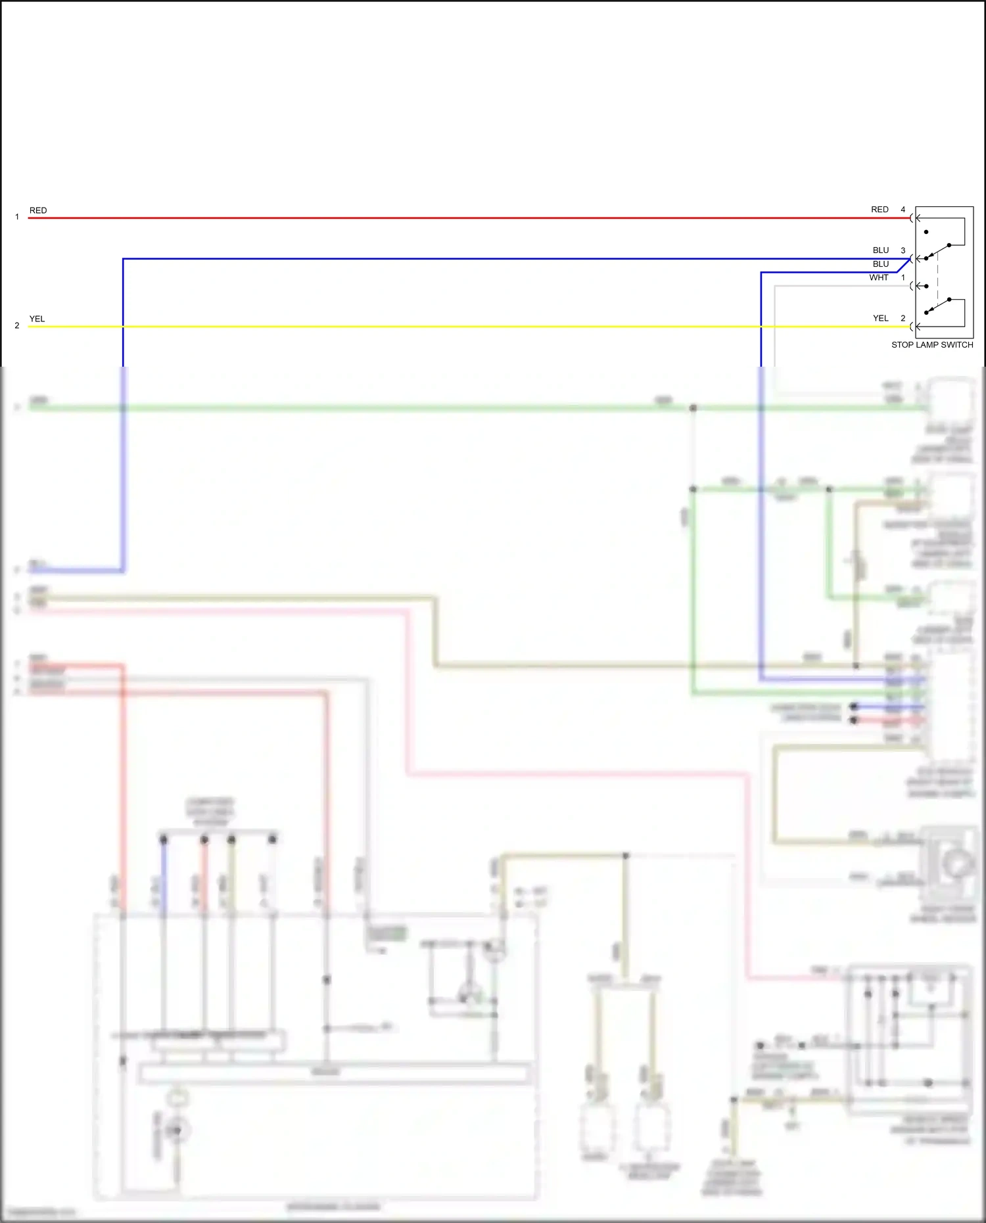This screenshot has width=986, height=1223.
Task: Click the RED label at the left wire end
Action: (38, 210)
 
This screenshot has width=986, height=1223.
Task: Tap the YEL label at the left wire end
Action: (37, 319)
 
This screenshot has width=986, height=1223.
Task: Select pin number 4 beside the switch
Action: (903, 210)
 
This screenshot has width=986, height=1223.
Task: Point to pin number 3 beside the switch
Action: (903, 250)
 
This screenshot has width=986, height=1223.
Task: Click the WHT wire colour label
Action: (878, 277)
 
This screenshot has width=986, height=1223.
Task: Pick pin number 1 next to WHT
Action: (903, 277)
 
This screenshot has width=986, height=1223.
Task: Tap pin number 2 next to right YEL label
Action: (903, 318)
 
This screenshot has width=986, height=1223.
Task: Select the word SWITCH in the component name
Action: (958, 344)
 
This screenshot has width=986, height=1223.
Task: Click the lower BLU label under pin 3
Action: (880, 264)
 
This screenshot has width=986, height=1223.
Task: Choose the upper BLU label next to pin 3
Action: (880, 250)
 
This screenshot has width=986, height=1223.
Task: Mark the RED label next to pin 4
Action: (879, 210)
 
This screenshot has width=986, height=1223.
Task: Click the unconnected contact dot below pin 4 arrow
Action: (926, 232)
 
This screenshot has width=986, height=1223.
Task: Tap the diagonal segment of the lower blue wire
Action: (904, 265)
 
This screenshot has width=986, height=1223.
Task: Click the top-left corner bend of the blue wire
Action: (123, 259)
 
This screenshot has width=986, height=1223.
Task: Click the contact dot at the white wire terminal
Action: (926, 286)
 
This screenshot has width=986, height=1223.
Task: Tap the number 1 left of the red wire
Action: (17, 217)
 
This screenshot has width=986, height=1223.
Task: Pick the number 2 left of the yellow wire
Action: (17, 325)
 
